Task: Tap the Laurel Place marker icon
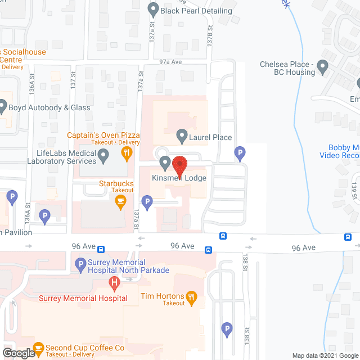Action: click(x=182, y=136)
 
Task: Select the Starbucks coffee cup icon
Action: click(x=120, y=202)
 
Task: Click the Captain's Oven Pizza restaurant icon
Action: click(x=127, y=152)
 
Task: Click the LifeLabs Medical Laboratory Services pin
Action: click(x=103, y=158)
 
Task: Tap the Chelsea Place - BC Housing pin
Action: click(x=322, y=68)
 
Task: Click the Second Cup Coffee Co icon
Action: click(x=38, y=348)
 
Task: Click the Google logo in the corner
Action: click(x=18, y=353)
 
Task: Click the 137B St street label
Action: click(x=209, y=35)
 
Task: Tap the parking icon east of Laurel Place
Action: click(x=240, y=152)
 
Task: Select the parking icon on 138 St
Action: click(x=227, y=330)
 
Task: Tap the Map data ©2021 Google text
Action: click(x=325, y=355)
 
